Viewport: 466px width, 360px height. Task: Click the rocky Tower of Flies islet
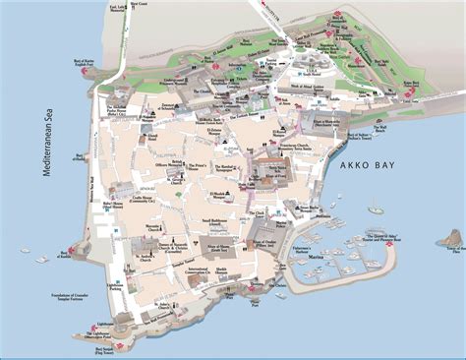[x=451, y=238]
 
